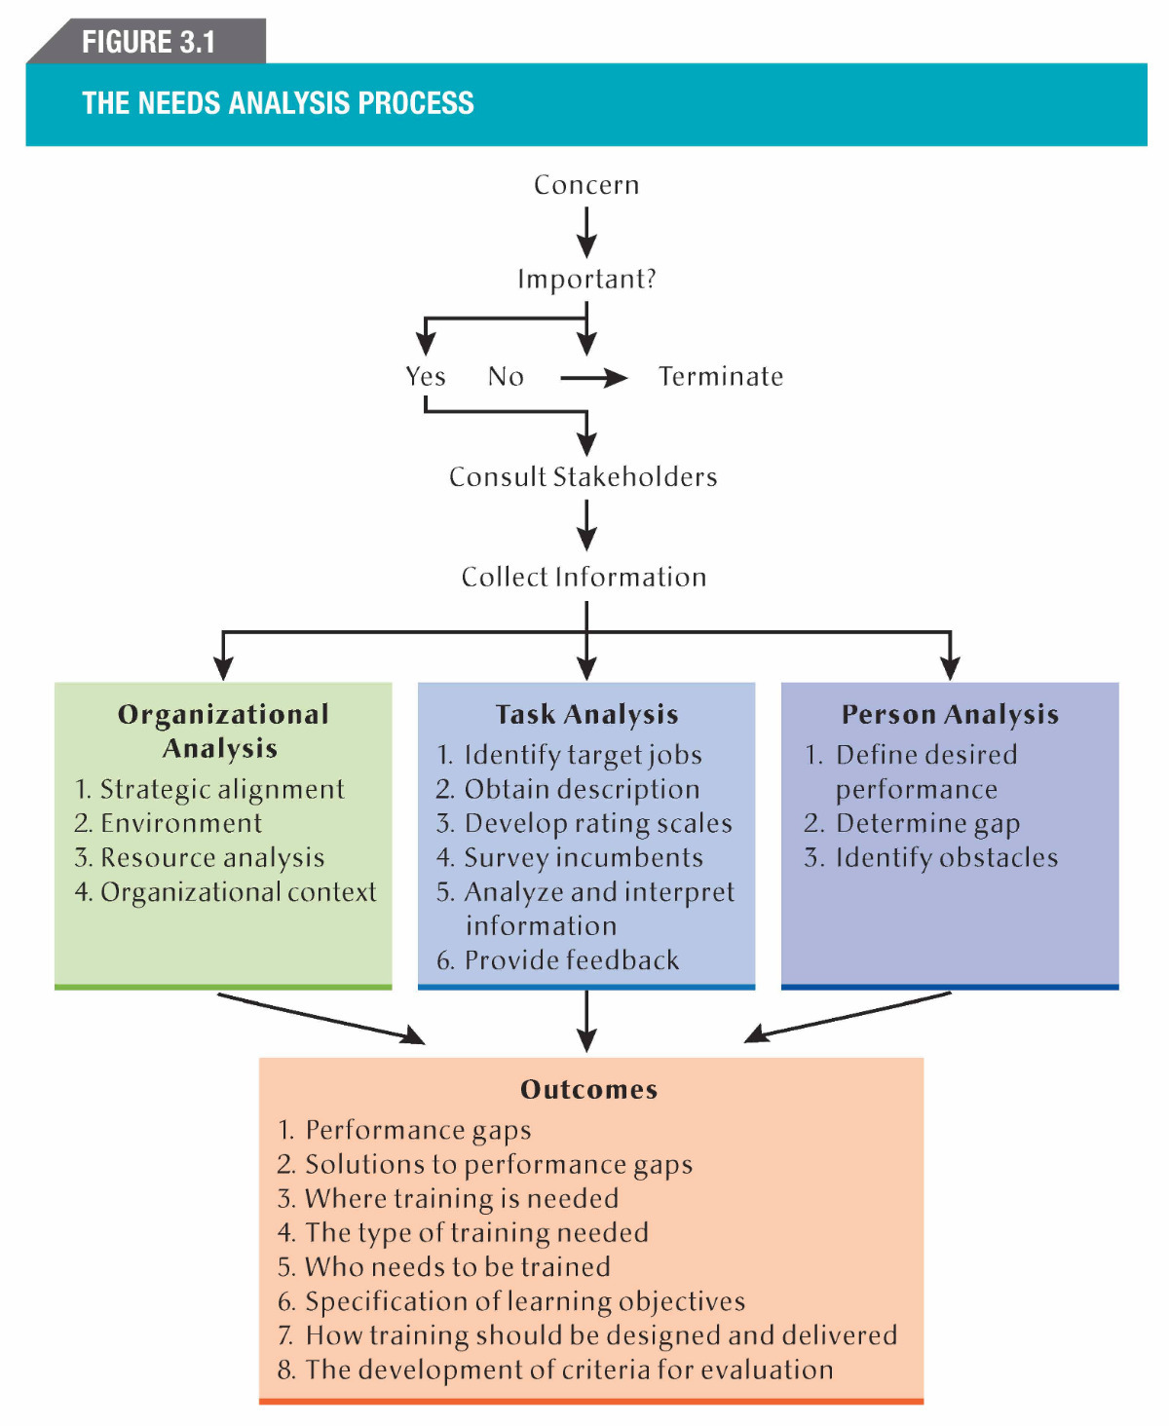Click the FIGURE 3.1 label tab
tap(148, 42)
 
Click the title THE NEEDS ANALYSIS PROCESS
tap(278, 103)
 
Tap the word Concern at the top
tap(586, 185)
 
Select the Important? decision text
tap(586, 280)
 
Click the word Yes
tap(426, 377)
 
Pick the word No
tap(506, 377)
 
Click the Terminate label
tap(721, 377)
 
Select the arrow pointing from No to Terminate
tap(593, 378)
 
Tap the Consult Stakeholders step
tap(584, 477)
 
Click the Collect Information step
tap(584, 578)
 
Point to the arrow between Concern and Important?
tap(586, 232)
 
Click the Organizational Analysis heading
tap(222, 731)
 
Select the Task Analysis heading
tap(586, 715)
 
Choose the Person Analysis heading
tap(950, 715)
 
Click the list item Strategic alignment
tap(221, 789)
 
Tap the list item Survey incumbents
tap(583, 858)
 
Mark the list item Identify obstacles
tap(946, 858)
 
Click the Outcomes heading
tap(589, 1090)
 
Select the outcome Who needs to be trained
tap(457, 1267)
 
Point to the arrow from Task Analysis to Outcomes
tap(586, 1020)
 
